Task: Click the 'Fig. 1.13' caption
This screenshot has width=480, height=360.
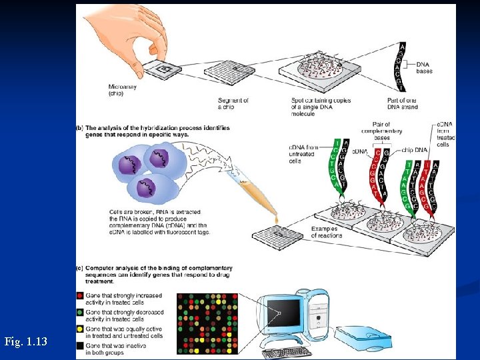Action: [25, 342]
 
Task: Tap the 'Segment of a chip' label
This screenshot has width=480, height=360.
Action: [233, 103]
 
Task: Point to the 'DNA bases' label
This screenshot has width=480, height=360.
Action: [424, 67]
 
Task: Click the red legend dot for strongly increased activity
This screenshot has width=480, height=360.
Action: [81, 295]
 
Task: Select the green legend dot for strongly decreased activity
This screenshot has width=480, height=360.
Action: [81, 312]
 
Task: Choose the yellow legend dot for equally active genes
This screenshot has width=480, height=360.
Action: [81, 329]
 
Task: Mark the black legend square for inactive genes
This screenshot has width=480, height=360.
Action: [81, 345]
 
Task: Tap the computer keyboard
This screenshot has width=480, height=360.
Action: [286, 352]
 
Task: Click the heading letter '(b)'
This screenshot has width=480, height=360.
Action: [80, 127]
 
